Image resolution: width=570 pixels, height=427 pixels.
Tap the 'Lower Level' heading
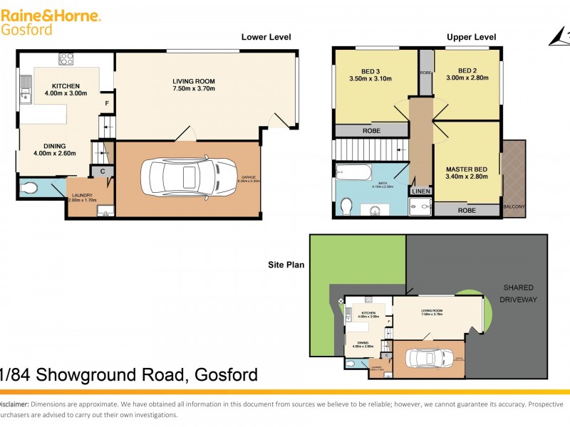[266, 37]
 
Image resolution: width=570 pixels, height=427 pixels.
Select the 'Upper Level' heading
[471, 37]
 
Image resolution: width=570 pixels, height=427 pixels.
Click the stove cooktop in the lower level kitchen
[67, 59]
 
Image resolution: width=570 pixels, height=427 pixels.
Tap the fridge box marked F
[107, 102]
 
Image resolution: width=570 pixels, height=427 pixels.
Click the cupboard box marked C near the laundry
[103, 172]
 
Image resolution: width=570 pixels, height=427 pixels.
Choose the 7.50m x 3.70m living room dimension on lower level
[193, 89]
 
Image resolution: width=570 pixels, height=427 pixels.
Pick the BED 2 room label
[467, 70]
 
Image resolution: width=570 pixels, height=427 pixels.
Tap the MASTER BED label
[466, 169]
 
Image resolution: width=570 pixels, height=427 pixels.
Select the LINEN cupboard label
[420, 191]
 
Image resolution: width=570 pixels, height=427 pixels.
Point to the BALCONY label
[514, 207]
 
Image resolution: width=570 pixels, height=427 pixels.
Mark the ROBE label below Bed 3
[371, 131]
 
